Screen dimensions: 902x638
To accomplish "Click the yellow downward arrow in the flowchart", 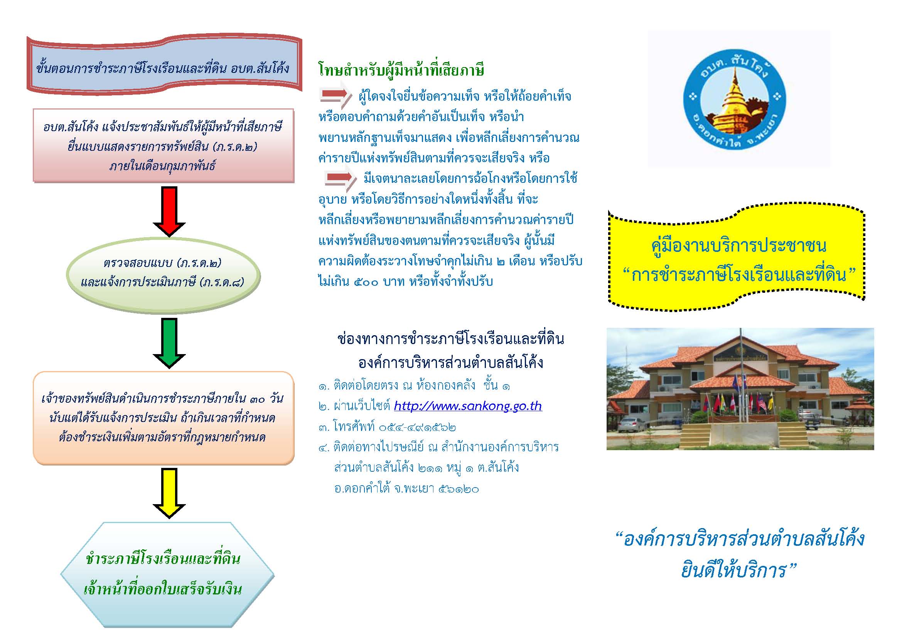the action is point(169,493).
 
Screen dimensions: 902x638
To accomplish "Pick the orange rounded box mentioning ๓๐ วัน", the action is point(164,418).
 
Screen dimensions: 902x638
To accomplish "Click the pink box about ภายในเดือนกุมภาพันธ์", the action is point(164,146).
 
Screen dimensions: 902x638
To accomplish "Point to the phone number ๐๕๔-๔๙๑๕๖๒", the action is point(417,427).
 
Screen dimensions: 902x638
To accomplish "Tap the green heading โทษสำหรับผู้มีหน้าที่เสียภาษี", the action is point(401,70).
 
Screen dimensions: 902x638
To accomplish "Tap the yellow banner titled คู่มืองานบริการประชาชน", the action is point(736,258).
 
